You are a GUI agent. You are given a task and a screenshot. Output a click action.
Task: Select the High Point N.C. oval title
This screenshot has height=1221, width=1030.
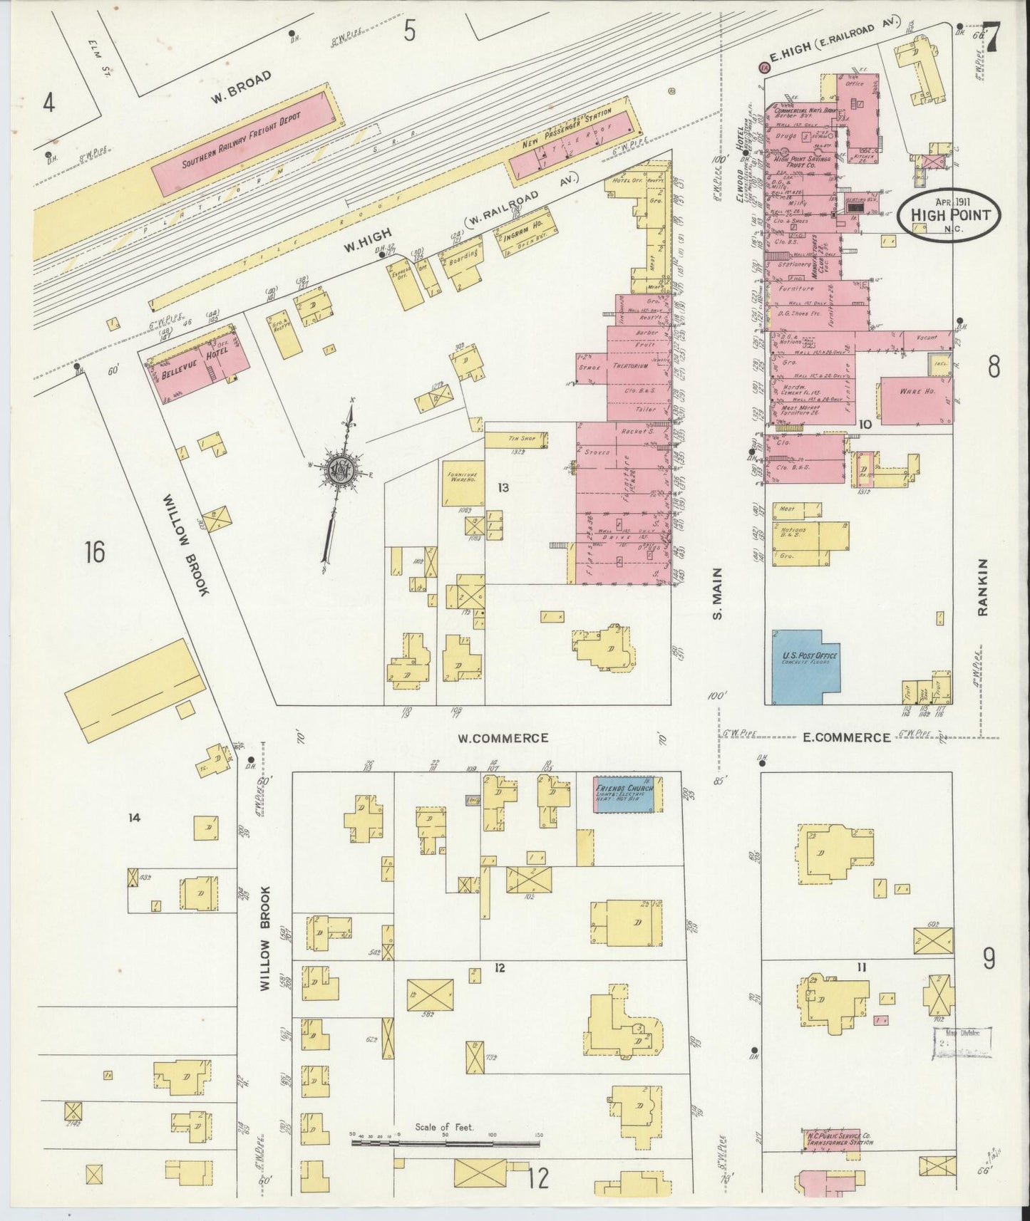(x=948, y=211)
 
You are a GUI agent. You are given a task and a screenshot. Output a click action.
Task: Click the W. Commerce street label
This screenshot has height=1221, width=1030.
(x=503, y=738)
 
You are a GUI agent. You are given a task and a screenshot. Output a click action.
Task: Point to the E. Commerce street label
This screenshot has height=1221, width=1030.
(x=847, y=738)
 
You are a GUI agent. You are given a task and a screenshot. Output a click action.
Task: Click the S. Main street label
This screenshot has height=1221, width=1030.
(x=718, y=593)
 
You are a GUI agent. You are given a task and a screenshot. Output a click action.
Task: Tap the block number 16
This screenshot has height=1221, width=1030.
(x=94, y=551)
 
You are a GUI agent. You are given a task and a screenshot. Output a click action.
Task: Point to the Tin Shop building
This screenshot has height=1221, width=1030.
(x=517, y=439)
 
